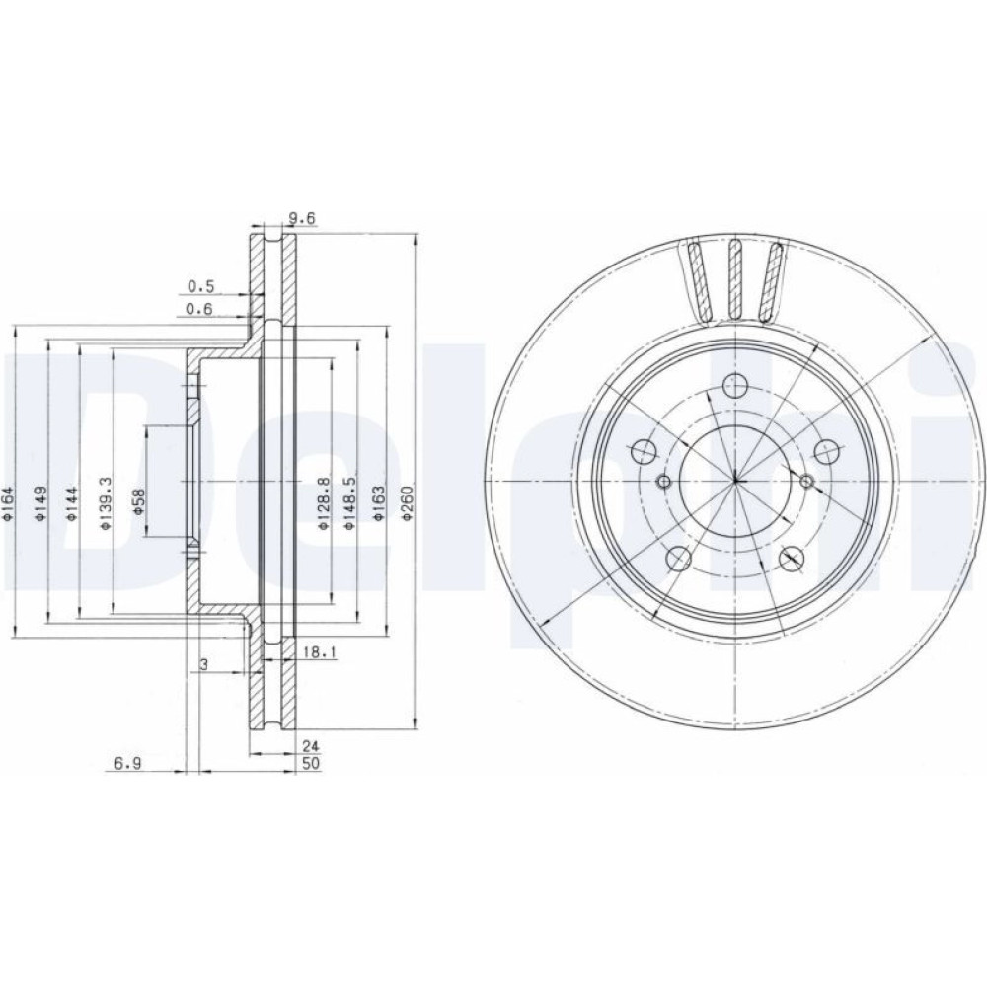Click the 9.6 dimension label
[301, 218]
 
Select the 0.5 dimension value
[200, 287]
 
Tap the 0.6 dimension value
[200, 308]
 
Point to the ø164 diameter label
[8, 502]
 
